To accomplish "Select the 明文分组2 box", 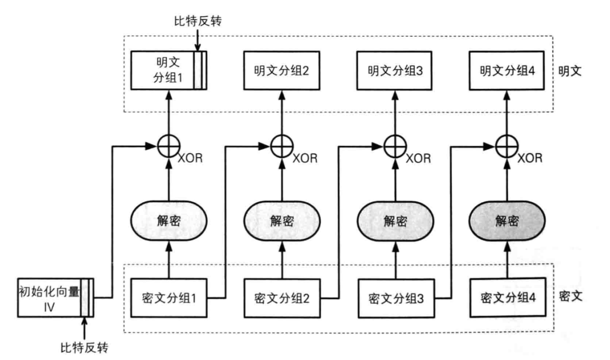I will pos(281,71).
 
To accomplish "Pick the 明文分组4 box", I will pos(507,71).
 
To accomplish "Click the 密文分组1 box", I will pos(169,297).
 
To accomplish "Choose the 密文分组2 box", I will pos(282,297).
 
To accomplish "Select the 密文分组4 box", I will pos(508,297).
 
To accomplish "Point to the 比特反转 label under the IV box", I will pos(84,346).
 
